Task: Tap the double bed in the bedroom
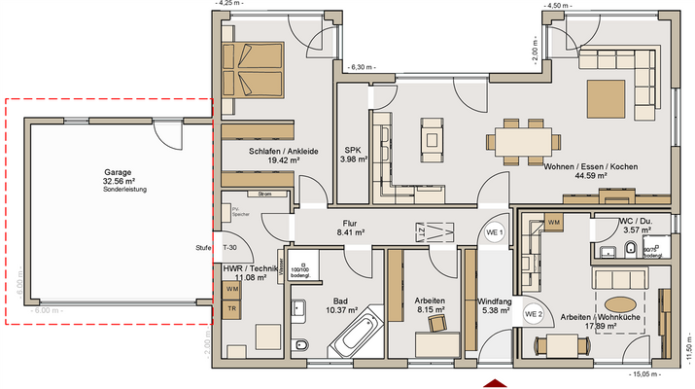[254, 68]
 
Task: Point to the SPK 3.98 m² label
[352, 155]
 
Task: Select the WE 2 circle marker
[532, 314]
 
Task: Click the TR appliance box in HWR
[232, 308]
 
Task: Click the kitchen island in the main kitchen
[431, 140]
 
